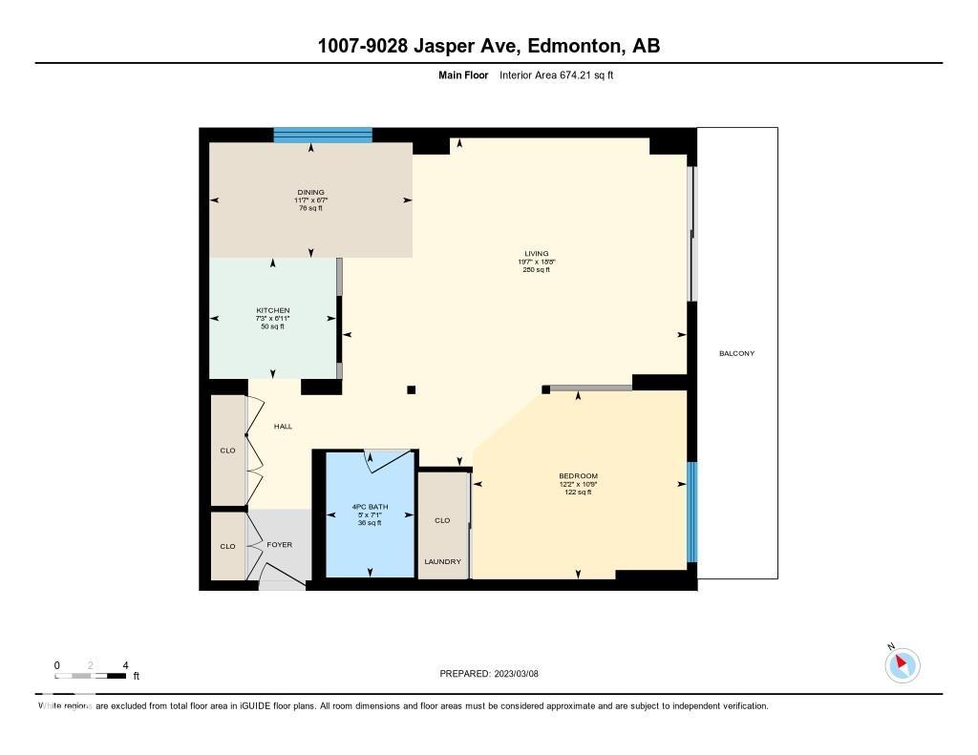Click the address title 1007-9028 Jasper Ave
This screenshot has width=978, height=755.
pyautogui.click(x=488, y=46)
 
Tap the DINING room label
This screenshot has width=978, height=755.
pyautogui.click(x=310, y=193)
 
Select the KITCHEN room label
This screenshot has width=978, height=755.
pyautogui.click(x=273, y=311)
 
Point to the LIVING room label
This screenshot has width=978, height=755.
pyautogui.click(x=536, y=254)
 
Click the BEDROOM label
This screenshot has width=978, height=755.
pyautogui.click(x=578, y=476)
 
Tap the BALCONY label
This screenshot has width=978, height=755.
pyautogui.click(x=736, y=354)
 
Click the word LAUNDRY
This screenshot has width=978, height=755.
pyautogui.click(x=442, y=561)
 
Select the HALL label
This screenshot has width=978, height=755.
pyautogui.click(x=283, y=427)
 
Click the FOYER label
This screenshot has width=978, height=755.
pyautogui.click(x=279, y=545)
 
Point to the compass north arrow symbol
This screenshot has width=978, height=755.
pyautogui.click(x=902, y=664)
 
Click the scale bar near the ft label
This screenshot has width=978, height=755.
pyautogui.click(x=91, y=676)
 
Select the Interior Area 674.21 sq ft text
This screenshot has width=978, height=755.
pyautogui.click(x=556, y=74)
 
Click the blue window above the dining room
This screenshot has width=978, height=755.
pyautogui.click(x=323, y=135)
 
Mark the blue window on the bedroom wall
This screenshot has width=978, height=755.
pyautogui.click(x=692, y=512)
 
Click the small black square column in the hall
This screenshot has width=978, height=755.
pyautogui.click(x=412, y=389)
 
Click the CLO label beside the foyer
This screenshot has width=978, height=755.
pyautogui.click(x=227, y=547)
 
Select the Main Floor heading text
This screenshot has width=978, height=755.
pyautogui.click(x=463, y=74)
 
